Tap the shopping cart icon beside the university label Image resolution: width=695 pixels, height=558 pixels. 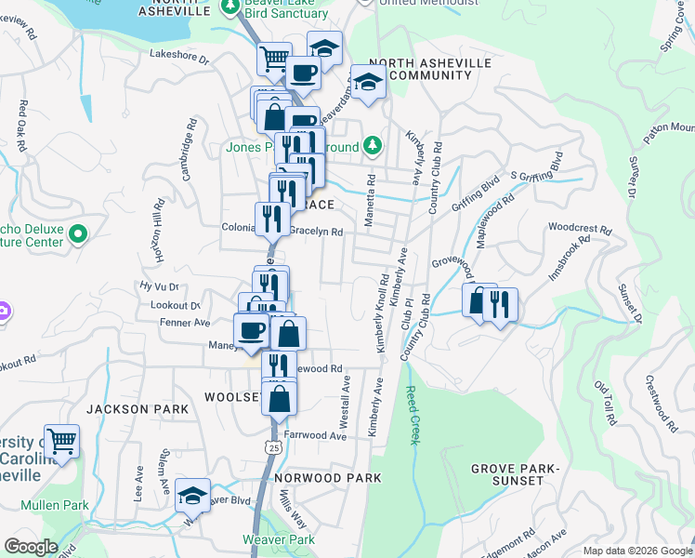(61, 442)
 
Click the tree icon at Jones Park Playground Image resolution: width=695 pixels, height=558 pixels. (373, 145)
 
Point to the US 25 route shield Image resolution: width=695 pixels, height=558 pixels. (272, 447)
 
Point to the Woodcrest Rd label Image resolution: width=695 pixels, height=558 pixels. (580, 228)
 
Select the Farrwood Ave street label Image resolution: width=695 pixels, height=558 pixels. (315, 435)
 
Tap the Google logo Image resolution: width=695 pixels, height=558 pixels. (31, 548)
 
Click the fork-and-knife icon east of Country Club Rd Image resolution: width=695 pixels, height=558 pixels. (500, 304)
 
